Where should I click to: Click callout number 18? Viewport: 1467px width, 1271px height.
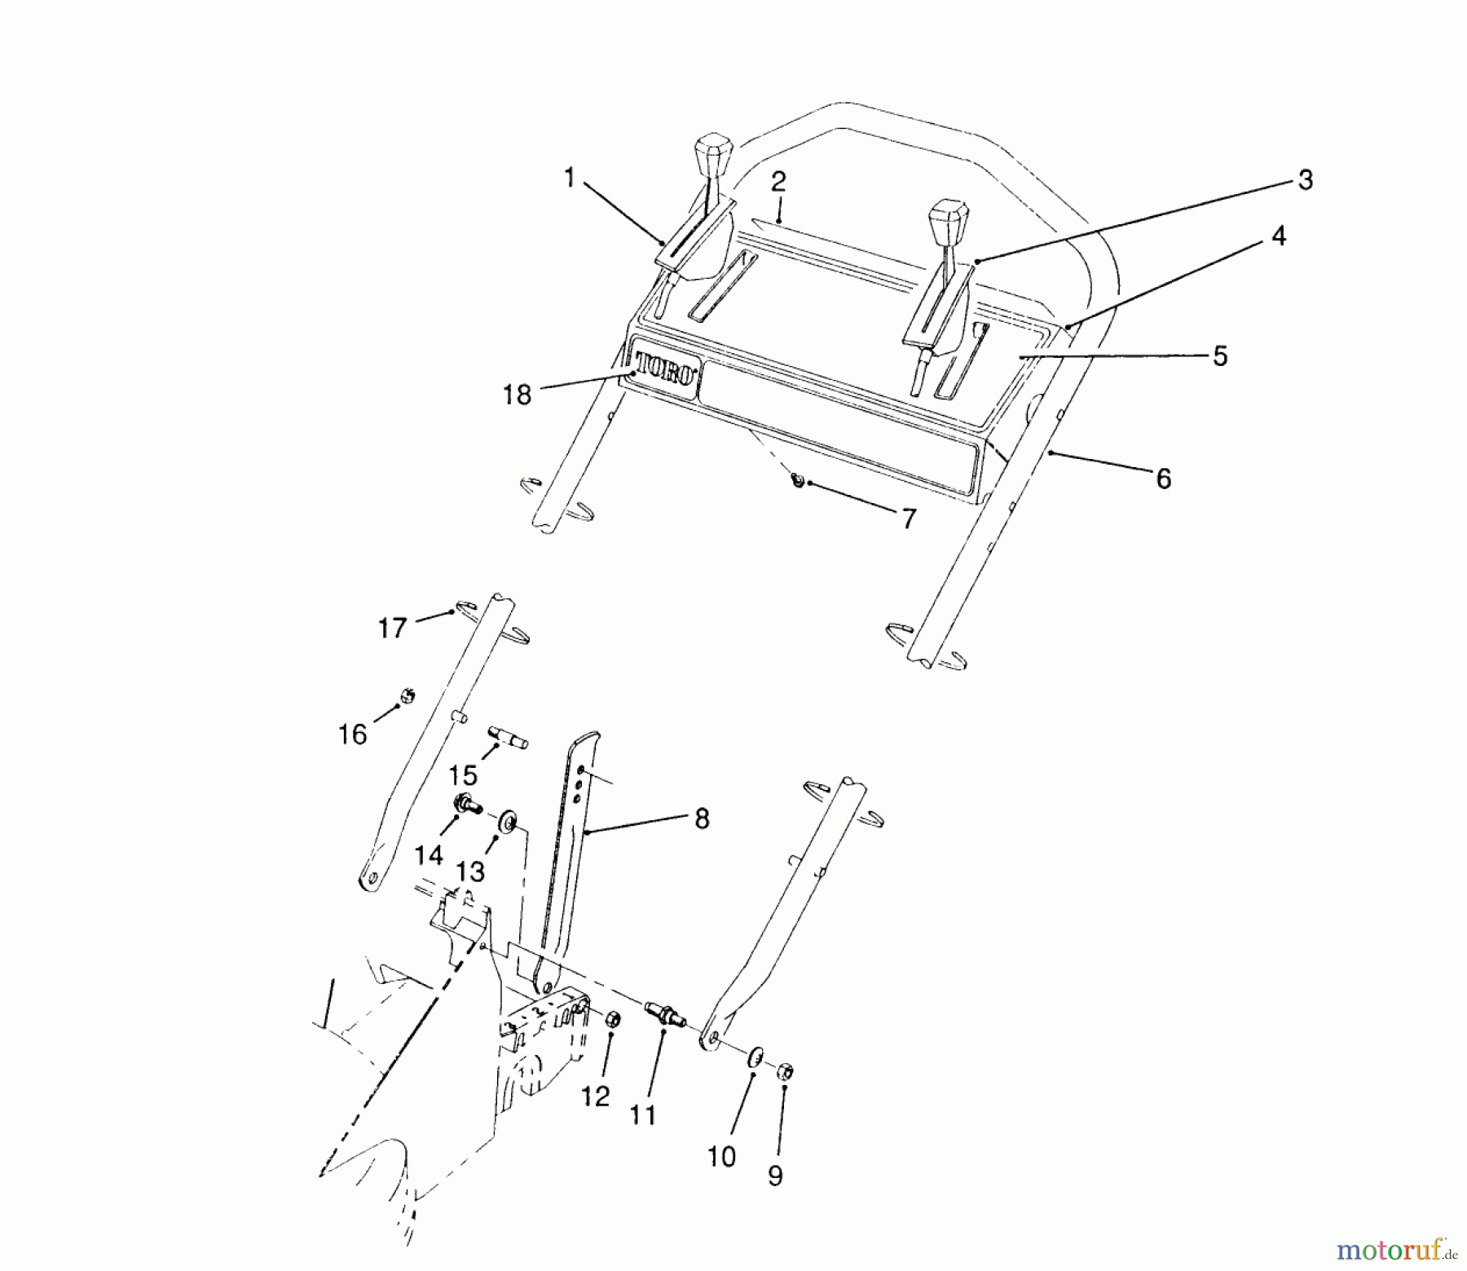pos(518,395)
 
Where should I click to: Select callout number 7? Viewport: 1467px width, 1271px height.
pos(908,519)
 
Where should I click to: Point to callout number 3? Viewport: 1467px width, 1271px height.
pos(1305,180)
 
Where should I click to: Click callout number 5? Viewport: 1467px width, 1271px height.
pos(1219,356)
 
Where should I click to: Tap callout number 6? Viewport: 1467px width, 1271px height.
pos(1163,479)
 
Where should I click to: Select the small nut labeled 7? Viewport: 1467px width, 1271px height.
pos(798,482)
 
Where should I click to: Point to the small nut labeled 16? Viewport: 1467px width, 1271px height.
pos(407,695)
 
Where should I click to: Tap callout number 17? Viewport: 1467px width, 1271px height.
pos(392,628)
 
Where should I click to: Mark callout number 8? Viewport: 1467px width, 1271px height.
pos(702,819)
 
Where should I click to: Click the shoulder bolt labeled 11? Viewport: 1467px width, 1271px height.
pos(665,1017)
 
